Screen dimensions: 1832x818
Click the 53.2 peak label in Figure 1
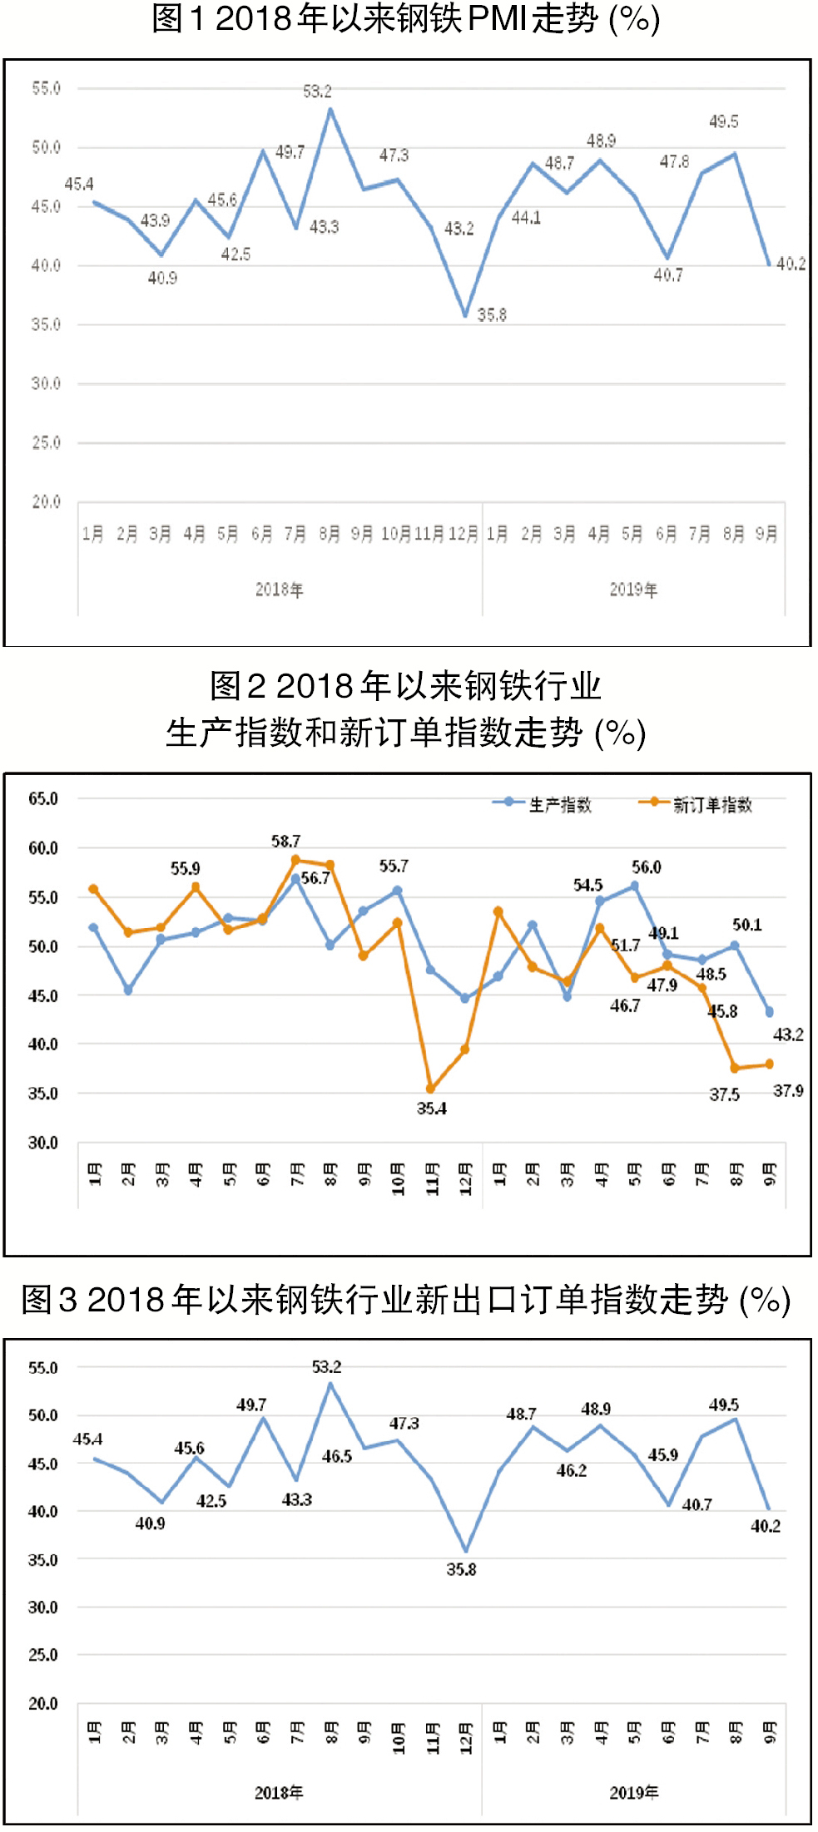click(x=317, y=91)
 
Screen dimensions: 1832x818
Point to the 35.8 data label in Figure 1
click(x=492, y=315)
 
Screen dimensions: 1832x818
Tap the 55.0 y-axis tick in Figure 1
click(x=46, y=88)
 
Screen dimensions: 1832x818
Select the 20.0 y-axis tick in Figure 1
click(x=46, y=502)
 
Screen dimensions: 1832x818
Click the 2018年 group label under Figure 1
click(x=279, y=590)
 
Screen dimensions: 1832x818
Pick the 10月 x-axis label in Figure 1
click(x=396, y=534)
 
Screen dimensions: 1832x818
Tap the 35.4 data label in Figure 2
click(x=432, y=1109)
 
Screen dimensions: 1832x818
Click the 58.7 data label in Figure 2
click(x=285, y=842)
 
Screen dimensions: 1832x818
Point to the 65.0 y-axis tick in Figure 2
click(x=43, y=799)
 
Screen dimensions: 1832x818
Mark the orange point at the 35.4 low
click(x=430, y=1089)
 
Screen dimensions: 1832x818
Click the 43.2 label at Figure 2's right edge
click(x=788, y=1035)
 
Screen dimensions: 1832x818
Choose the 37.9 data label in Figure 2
click(x=788, y=1090)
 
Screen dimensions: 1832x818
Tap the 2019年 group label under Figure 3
click(x=633, y=1792)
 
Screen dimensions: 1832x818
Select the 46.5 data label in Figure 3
click(x=337, y=1456)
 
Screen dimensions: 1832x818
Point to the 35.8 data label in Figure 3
click(x=461, y=1569)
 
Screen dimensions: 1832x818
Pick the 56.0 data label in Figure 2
click(x=646, y=867)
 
